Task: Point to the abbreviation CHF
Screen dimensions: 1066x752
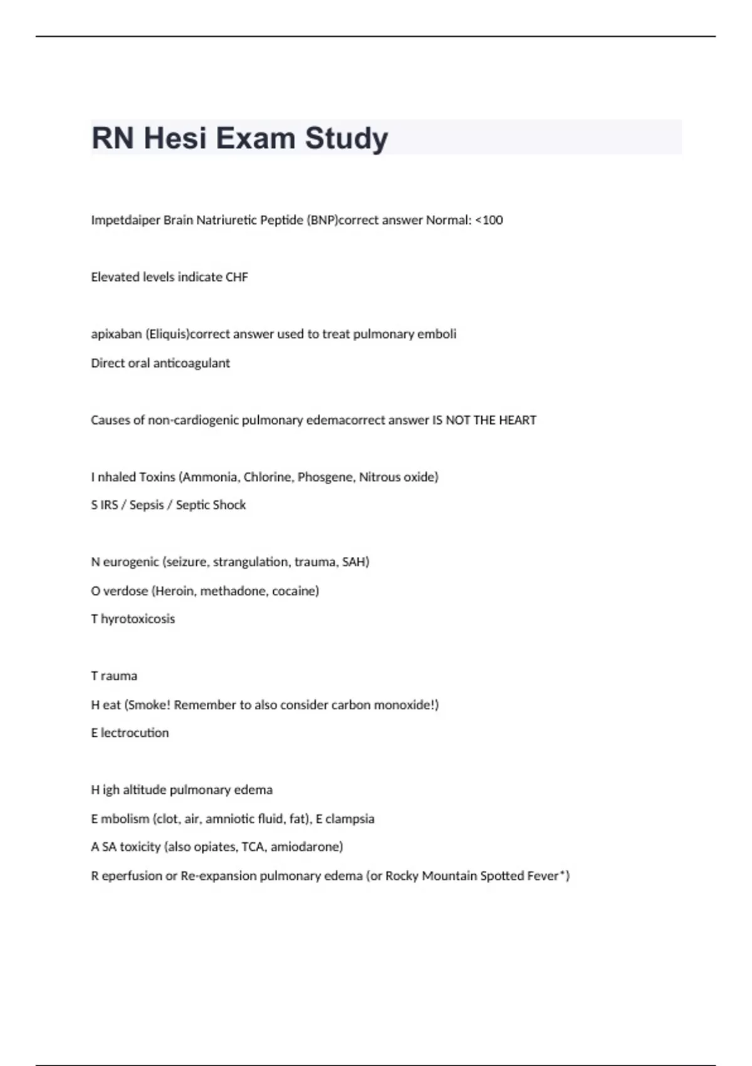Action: (x=237, y=277)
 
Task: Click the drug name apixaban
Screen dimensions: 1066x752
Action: (x=117, y=334)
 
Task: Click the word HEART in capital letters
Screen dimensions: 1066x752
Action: (x=518, y=420)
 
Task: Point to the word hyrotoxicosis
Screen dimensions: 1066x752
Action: (x=138, y=619)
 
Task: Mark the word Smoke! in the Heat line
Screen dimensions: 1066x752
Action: (x=147, y=705)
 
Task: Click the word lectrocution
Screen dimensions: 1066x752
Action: (x=135, y=733)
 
